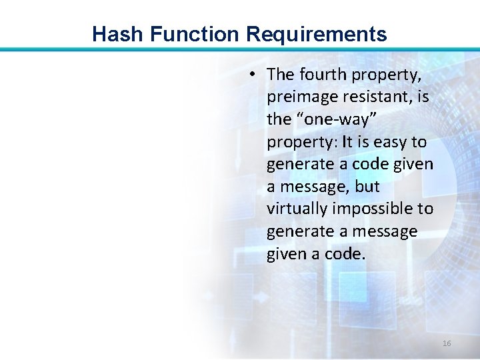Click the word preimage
click(301, 97)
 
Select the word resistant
click(381, 97)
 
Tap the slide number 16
click(447, 343)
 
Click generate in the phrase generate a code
click(298, 164)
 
